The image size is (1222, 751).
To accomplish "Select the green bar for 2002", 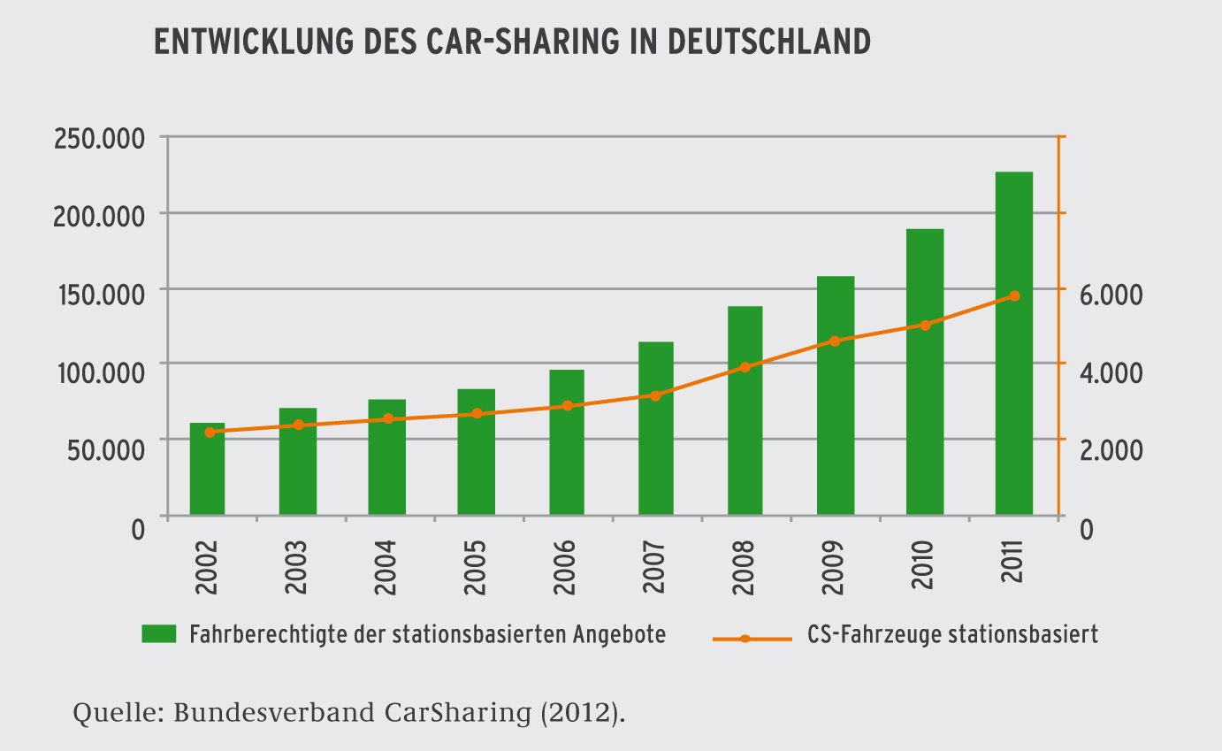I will [207, 469].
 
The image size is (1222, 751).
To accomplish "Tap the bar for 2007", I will [655, 428].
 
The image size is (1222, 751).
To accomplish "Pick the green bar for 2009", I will [835, 395].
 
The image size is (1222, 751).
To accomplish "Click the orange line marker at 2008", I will [745, 367].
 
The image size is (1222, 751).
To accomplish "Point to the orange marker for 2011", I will [1014, 295].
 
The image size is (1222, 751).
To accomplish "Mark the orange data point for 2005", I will [476, 413].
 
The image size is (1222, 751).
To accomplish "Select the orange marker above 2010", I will [925, 326].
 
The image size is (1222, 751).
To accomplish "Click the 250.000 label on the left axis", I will [99, 140].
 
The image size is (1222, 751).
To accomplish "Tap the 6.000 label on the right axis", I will [1111, 295].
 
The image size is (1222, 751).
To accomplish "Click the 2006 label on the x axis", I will [566, 558].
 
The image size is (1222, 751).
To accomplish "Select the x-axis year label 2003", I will [296, 558].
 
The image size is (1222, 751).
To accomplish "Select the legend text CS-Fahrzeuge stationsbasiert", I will [952, 634].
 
